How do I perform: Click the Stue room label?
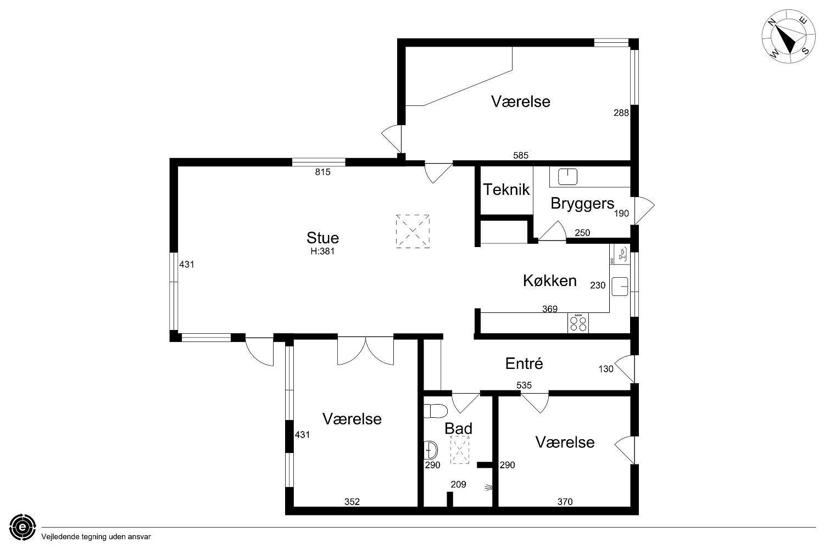[x=322, y=238]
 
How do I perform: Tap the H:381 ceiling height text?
[x=322, y=251]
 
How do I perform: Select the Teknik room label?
[x=506, y=190]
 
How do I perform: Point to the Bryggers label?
[x=582, y=204]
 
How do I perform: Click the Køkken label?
[x=549, y=281]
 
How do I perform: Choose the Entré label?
[x=524, y=363]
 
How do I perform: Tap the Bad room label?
[x=458, y=428]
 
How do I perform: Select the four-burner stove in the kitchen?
[x=578, y=323]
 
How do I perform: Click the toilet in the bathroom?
[x=436, y=411]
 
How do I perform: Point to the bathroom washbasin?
[x=430, y=450]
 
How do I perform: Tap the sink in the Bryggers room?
[x=567, y=177]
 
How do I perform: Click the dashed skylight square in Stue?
[x=413, y=231]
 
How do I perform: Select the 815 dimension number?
[x=322, y=172]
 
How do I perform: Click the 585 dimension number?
[x=521, y=155]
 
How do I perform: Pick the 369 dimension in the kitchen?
[x=549, y=309]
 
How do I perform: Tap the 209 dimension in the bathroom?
[x=458, y=485]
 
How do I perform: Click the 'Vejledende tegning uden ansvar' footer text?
[x=96, y=537]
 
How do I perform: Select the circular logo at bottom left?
[x=23, y=527]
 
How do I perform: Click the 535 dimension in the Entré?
[x=524, y=385]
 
